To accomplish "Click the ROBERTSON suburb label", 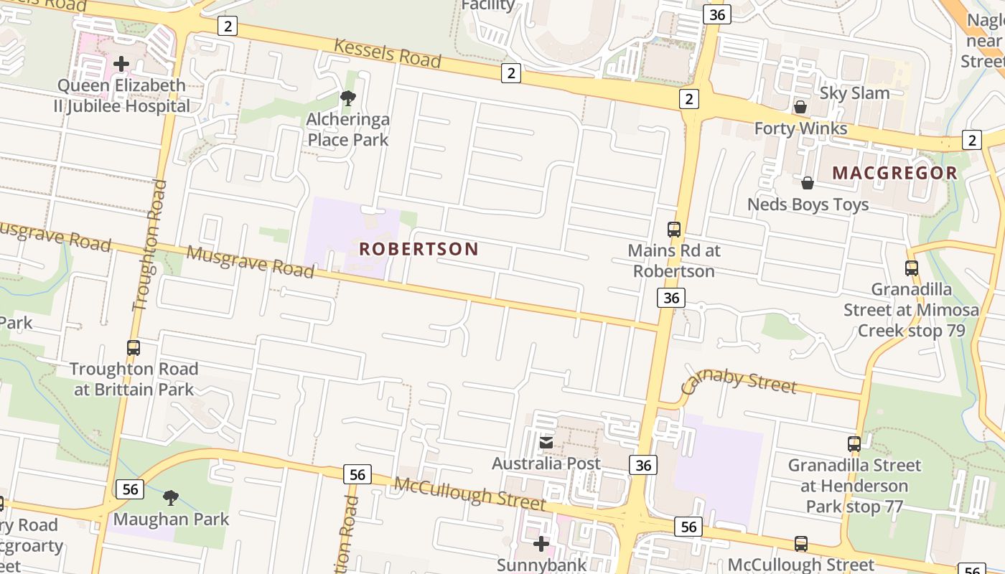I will [x=419, y=249].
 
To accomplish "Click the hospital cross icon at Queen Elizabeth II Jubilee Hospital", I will [x=121, y=64].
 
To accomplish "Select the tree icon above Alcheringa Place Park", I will [x=348, y=98].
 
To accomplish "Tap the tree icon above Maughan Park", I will [x=171, y=497].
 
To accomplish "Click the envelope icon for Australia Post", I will [x=546, y=442].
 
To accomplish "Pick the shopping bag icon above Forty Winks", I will [x=800, y=107].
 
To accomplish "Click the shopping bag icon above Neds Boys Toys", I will [x=808, y=183].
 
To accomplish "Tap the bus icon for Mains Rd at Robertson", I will [x=673, y=230].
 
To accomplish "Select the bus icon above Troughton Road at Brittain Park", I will [x=134, y=348].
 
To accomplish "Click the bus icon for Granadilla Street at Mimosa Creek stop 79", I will [x=911, y=268].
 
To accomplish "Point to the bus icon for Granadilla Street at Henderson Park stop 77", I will [x=854, y=444].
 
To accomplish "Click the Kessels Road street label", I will [x=387, y=53].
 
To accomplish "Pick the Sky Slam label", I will [x=854, y=93].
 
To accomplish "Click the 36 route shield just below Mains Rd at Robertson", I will [x=671, y=298].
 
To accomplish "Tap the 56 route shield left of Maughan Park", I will [x=130, y=489].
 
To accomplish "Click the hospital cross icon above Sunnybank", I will [x=541, y=544].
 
